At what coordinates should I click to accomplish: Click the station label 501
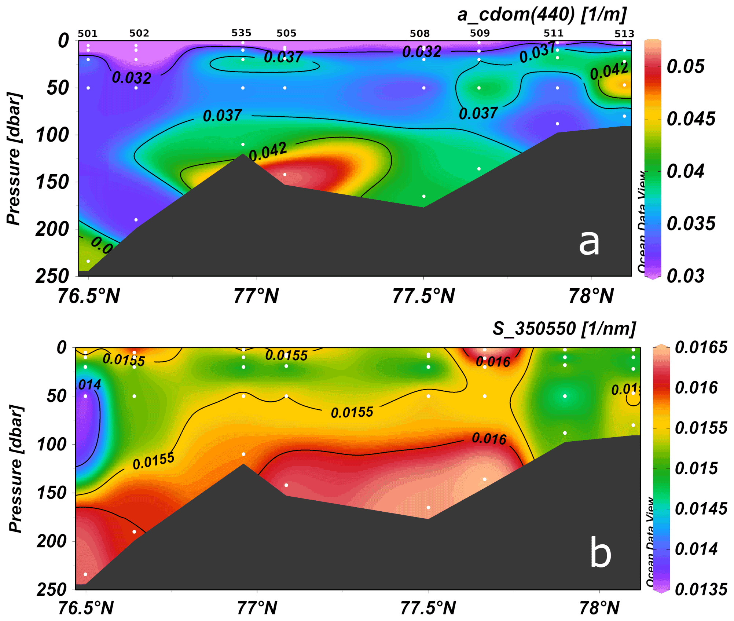[x=88, y=34]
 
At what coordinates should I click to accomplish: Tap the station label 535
[x=241, y=33]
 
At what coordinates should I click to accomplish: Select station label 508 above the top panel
[x=419, y=34]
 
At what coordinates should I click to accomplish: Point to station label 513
[x=624, y=34]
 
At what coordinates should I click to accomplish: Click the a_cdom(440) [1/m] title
[x=542, y=15]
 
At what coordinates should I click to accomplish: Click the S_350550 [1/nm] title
[x=564, y=328]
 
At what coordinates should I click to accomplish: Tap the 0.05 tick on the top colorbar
[x=685, y=67]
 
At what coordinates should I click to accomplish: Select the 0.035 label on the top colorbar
[x=691, y=224]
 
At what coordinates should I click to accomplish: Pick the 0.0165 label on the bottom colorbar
[x=701, y=347]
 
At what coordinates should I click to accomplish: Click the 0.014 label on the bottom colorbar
[x=696, y=549]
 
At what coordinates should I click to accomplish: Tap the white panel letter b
[x=601, y=553]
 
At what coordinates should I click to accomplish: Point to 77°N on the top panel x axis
[x=256, y=296]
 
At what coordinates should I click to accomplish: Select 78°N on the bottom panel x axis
[x=599, y=608]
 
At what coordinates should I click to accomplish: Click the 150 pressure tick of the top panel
[x=52, y=182]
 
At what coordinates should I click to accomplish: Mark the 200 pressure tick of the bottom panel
[x=52, y=541]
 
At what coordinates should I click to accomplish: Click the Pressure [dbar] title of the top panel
[x=15, y=158]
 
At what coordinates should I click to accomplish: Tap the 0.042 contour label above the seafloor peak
[x=268, y=151]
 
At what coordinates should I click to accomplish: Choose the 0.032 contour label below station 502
[x=132, y=78]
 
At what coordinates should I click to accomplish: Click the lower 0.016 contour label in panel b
[x=489, y=438]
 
